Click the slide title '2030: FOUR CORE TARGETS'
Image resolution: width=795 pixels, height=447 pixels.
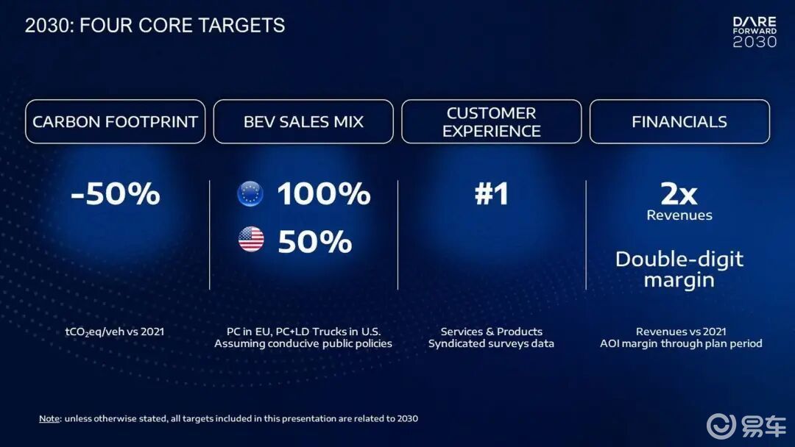(155, 25)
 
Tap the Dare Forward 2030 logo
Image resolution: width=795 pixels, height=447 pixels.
(755, 32)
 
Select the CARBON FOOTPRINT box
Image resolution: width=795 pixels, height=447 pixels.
(115, 121)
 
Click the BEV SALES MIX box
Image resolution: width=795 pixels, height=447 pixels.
(303, 121)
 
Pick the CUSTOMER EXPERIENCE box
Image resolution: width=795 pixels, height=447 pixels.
(491, 121)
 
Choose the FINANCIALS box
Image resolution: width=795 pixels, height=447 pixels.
(679, 121)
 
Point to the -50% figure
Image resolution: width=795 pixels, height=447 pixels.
(116, 193)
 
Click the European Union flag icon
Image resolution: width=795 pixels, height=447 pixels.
(250, 194)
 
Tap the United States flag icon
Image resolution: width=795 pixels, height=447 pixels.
(251, 240)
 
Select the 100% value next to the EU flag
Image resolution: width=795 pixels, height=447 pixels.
(324, 193)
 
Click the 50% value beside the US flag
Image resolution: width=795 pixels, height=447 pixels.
(315, 241)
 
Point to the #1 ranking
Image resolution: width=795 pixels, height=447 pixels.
(491, 193)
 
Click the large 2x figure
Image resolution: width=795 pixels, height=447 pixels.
(679, 193)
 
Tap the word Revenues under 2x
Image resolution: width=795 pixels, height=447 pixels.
(679, 215)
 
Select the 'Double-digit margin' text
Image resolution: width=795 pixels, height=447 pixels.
(679, 269)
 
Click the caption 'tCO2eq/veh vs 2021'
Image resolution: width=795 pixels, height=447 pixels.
(115, 332)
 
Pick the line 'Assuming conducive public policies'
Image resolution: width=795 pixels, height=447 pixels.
(303, 344)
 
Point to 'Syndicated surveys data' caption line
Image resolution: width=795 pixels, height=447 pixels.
(491, 344)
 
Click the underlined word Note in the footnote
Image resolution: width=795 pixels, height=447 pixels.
(49, 418)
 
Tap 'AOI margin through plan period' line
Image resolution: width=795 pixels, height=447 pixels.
(681, 344)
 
